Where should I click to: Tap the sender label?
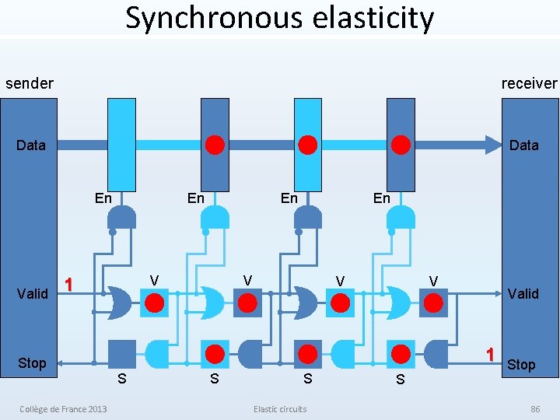coord(30,83)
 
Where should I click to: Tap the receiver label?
coord(529,83)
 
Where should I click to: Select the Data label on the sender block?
coord(31,145)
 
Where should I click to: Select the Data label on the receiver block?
coord(523,145)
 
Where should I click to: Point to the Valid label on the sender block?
coord(33,294)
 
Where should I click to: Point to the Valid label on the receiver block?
coord(523,294)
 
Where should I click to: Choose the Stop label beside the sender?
coord(32,363)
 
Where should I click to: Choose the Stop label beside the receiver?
coord(521,365)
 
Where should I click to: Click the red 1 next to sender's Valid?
coord(69,285)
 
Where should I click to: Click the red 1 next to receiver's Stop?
coord(490,354)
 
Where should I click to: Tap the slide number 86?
coord(534,409)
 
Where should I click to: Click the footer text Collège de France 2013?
coord(64,409)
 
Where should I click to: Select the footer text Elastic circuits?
coord(280,409)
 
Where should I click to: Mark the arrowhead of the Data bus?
coord(494,145)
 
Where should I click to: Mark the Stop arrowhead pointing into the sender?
coord(63,363)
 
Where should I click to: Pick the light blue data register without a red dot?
coord(122,145)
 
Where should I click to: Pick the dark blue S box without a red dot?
coord(122,354)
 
